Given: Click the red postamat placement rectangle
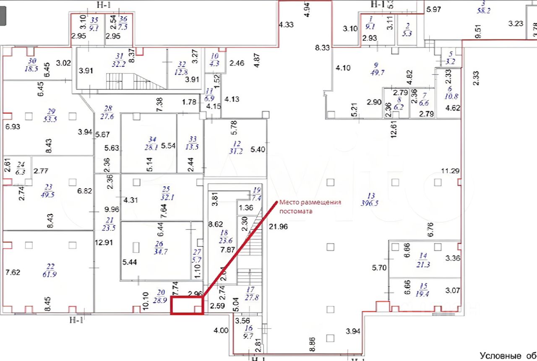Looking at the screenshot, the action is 187,305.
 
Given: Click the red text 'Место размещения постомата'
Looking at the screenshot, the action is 310,207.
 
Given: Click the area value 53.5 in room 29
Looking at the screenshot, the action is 50,119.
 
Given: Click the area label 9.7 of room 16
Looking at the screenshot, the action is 248,336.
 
